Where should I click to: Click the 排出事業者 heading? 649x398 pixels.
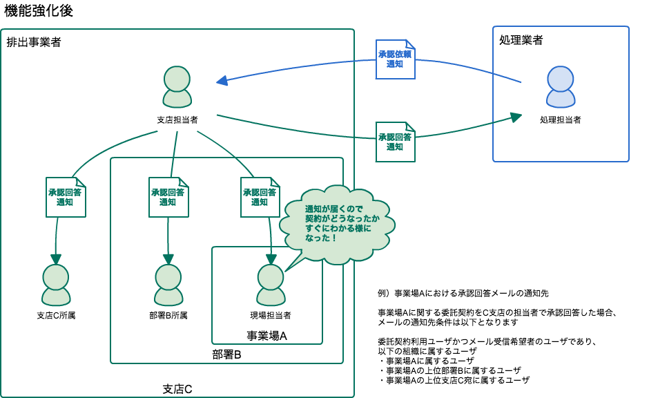click(34, 42)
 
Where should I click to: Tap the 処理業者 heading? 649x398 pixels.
click(521, 40)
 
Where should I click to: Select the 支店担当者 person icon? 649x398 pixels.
click(177, 87)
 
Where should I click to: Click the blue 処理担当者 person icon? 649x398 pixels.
click(560, 87)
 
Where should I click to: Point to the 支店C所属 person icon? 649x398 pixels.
click(56, 285)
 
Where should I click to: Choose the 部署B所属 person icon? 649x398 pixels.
click(168, 285)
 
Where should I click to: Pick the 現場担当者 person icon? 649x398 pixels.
click(271, 285)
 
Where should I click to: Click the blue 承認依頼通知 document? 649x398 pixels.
click(395, 59)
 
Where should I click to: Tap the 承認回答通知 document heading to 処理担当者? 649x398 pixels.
click(395, 142)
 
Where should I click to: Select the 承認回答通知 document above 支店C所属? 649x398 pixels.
click(66, 197)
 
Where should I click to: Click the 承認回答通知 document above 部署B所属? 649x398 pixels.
click(168, 197)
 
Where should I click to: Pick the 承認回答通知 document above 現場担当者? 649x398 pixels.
click(260, 197)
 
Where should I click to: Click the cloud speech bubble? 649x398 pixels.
click(337, 224)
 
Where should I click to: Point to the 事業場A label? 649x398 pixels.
click(267, 336)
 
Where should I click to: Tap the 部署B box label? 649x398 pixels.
click(226, 355)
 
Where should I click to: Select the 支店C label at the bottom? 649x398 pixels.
click(177, 389)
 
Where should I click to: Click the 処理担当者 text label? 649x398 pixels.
click(560, 120)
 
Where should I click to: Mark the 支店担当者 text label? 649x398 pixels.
click(177, 120)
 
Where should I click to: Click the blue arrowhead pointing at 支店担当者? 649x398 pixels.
click(222, 82)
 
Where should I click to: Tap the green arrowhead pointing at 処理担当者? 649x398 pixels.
click(516, 117)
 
